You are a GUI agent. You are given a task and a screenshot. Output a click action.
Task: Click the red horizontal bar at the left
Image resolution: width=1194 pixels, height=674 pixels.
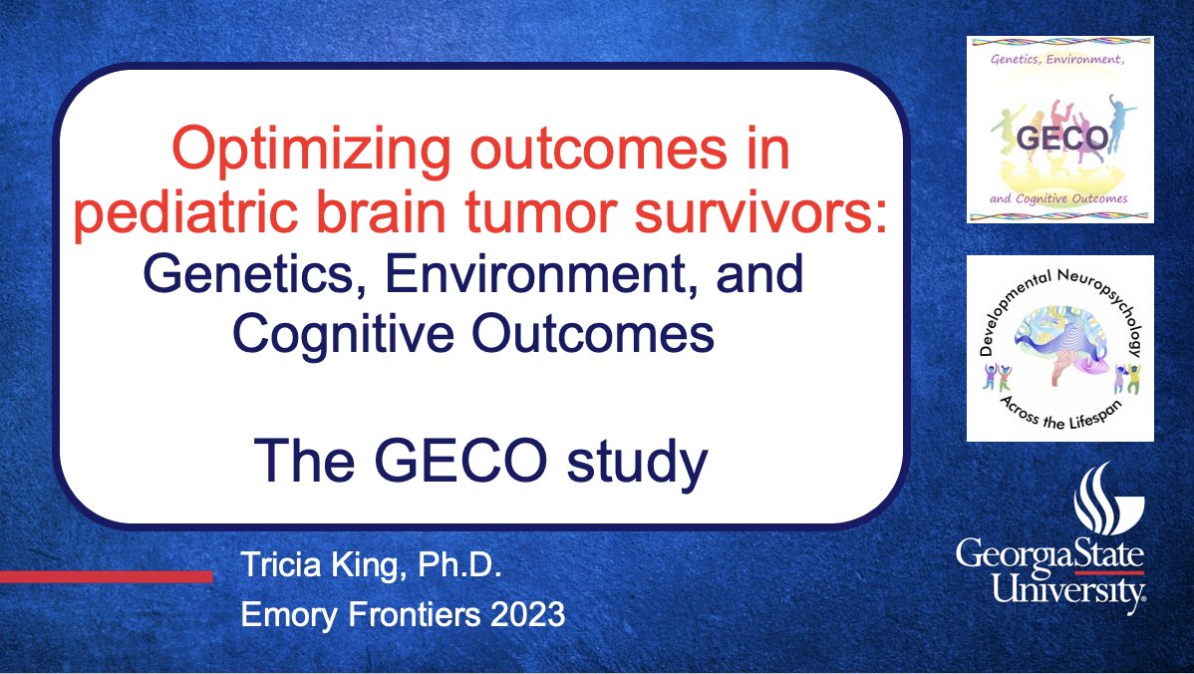click(106, 576)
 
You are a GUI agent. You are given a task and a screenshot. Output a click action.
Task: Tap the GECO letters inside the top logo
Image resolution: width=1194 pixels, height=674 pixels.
click(1059, 138)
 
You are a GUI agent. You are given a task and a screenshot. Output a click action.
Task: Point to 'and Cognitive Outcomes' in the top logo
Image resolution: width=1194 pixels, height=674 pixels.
click(1059, 198)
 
